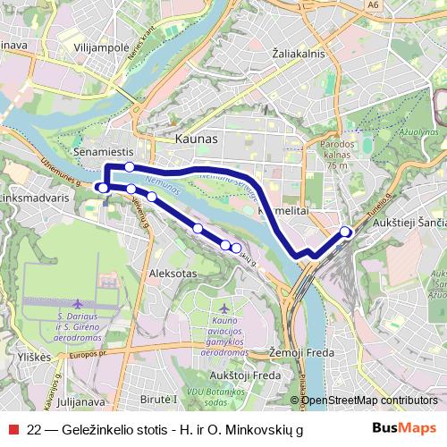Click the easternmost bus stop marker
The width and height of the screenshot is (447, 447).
click(x=346, y=232)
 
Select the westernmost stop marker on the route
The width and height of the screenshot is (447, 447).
click(x=103, y=188)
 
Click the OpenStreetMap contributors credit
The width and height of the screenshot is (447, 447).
click(x=370, y=400)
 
